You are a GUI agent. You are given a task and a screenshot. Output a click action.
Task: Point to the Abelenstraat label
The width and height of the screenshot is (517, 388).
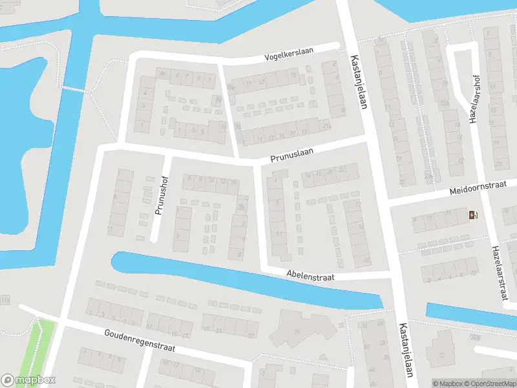coord(311,276)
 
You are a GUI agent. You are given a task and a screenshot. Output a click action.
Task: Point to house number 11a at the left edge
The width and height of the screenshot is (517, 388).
coord(5,301)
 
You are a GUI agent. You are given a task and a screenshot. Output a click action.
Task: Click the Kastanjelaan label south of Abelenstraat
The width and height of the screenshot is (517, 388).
coord(406,349)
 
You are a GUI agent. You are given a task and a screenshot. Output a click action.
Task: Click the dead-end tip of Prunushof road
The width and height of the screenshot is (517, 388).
coord(154,239)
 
